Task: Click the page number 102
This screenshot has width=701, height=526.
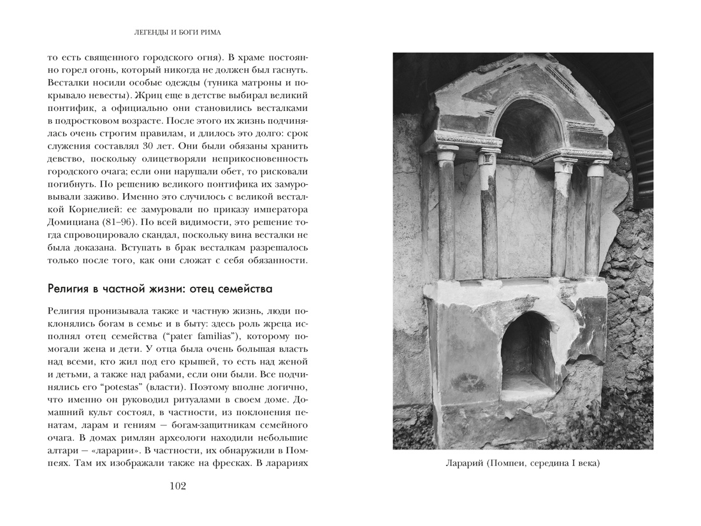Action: pyautogui.click(x=177, y=486)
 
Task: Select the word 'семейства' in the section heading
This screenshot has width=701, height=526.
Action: pyautogui.click(x=245, y=289)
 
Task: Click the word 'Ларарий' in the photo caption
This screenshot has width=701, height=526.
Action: pyautogui.click(x=466, y=464)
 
